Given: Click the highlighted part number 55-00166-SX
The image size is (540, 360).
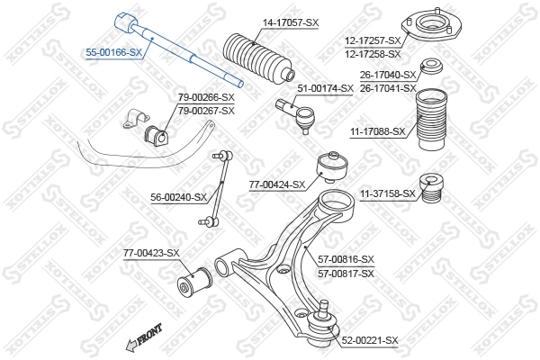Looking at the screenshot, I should point(113,53).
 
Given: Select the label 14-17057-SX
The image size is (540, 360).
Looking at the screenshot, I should point(290,22).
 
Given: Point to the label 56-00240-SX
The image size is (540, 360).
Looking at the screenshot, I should point(178,196).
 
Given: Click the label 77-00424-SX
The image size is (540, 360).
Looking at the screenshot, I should point(277,184).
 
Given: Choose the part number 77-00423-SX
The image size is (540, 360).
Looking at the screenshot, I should point(151,253).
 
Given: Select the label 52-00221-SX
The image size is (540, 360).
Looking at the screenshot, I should point(369,339).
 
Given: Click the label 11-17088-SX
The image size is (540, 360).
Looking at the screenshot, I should point(378,131).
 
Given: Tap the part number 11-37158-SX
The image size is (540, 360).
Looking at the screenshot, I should point(388,193).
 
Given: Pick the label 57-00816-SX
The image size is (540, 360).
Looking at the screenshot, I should point(346,259).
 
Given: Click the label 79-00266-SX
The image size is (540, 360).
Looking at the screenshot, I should point(206,97).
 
